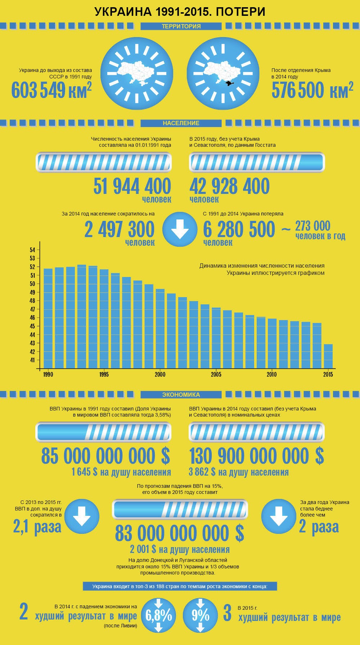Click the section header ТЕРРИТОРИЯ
point(181,26)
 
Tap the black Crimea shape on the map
point(228,83)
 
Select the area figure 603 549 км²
point(51,90)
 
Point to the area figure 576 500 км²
point(312,90)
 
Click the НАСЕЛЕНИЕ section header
point(181,123)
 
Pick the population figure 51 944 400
point(132,186)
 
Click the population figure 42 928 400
point(229,186)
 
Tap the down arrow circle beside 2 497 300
point(180,229)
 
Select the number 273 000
point(312,226)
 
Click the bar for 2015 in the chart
point(328,356)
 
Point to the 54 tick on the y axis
point(32,250)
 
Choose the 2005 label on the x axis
point(216,374)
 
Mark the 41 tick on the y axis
point(32,360)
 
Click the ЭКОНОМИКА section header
point(181,395)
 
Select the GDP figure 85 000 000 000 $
point(105,456)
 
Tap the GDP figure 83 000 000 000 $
point(179,533)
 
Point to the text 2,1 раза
point(37,527)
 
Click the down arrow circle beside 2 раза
point(278,516)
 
